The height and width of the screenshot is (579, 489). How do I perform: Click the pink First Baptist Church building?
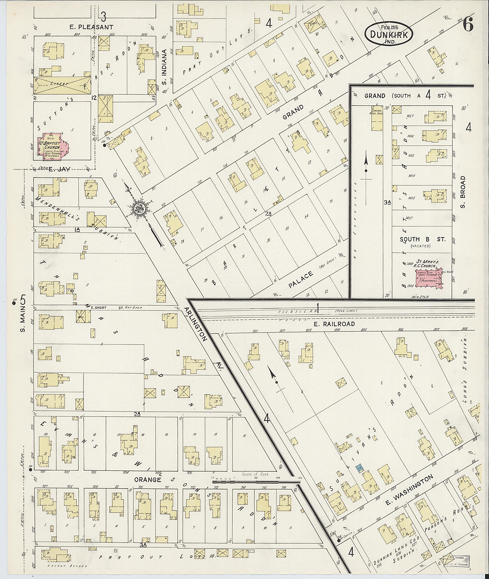[x=53, y=146]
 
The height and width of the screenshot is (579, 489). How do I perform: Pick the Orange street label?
[x=148, y=480]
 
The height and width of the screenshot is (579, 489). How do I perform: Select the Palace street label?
[x=301, y=280]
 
